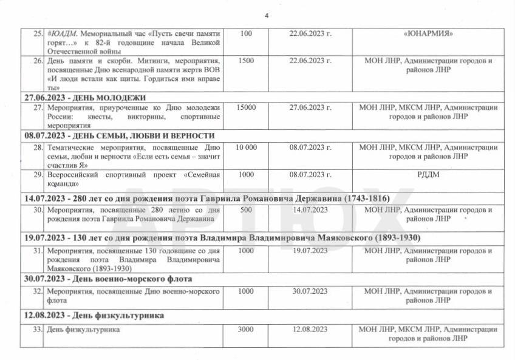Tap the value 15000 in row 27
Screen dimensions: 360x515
[246, 107]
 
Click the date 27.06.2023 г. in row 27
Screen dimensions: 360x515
[310, 107]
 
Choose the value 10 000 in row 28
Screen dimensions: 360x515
[246, 147]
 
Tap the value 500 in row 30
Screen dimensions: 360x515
[246, 210]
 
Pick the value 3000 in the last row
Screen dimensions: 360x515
[246, 330]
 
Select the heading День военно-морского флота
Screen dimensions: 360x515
[107, 279]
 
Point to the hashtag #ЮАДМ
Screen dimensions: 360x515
[61, 33]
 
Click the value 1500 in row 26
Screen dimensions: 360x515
[246, 61]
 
